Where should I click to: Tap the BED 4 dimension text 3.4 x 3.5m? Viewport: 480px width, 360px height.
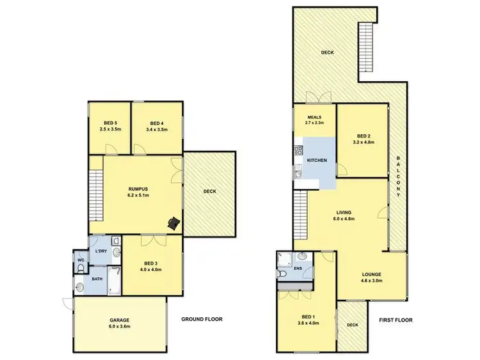pos(158,129)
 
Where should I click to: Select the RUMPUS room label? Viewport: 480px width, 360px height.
pos(138,189)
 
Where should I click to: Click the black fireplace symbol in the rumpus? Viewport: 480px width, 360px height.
pos(173,223)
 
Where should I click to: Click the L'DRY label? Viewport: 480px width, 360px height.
pos(100,252)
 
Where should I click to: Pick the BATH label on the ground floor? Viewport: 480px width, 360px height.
pos(97,279)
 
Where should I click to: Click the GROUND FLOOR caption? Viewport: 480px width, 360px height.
pos(201,319)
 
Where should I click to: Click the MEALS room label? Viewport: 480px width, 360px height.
pos(314,117)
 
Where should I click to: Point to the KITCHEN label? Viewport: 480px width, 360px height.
pos(318,160)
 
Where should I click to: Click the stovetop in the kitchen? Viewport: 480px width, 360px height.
pos(298,152)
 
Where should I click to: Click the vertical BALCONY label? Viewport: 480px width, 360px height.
pos(398,176)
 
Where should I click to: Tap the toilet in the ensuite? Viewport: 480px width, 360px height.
pos(284,273)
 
